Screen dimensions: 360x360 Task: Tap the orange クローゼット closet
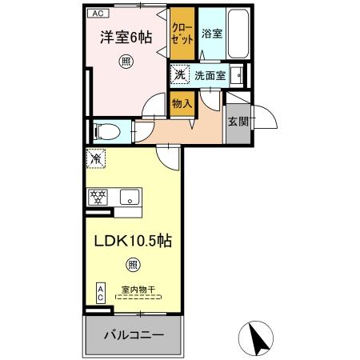tap(181, 34)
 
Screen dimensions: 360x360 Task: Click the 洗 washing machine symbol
tap(179, 75)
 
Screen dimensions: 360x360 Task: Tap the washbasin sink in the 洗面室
tap(237, 76)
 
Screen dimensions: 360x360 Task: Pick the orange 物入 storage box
tap(180, 102)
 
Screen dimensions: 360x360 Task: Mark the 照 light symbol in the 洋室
tap(126, 60)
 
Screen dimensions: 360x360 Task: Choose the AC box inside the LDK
tap(100, 292)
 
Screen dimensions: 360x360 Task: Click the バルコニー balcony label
tap(134, 332)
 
